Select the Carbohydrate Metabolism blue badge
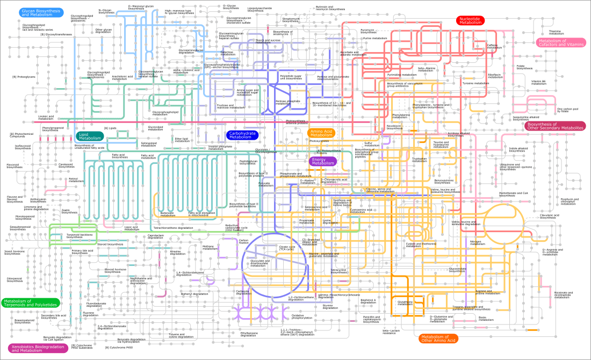tap(241, 135)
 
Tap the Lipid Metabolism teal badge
tap(90, 136)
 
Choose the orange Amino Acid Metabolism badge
tap(321, 133)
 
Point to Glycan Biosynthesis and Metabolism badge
tap(41, 13)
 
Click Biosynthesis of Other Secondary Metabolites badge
tap(555, 126)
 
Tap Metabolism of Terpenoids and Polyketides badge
tap(30, 303)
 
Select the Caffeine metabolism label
tap(494, 46)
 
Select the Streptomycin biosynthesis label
tap(291, 19)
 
